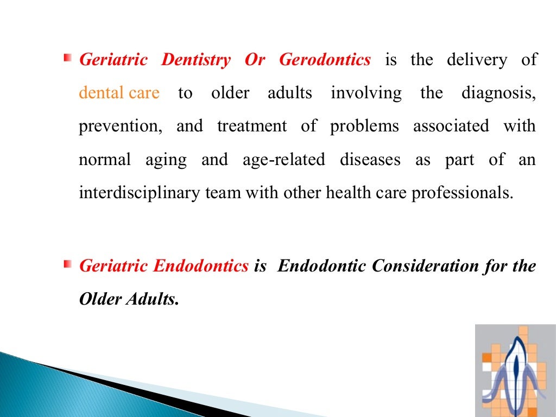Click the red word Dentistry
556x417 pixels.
[x=195, y=60]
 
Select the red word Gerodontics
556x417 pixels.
[x=325, y=60]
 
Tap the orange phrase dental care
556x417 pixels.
[x=119, y=93]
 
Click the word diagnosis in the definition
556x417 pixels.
[x=498, y=93]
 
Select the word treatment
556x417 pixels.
[x=252, y=127]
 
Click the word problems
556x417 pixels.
[x=364, y=127]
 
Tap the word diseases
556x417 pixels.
[x=370, y=160]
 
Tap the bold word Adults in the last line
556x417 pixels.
[x=152, y=300]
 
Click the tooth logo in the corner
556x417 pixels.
[x=515, y=370]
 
